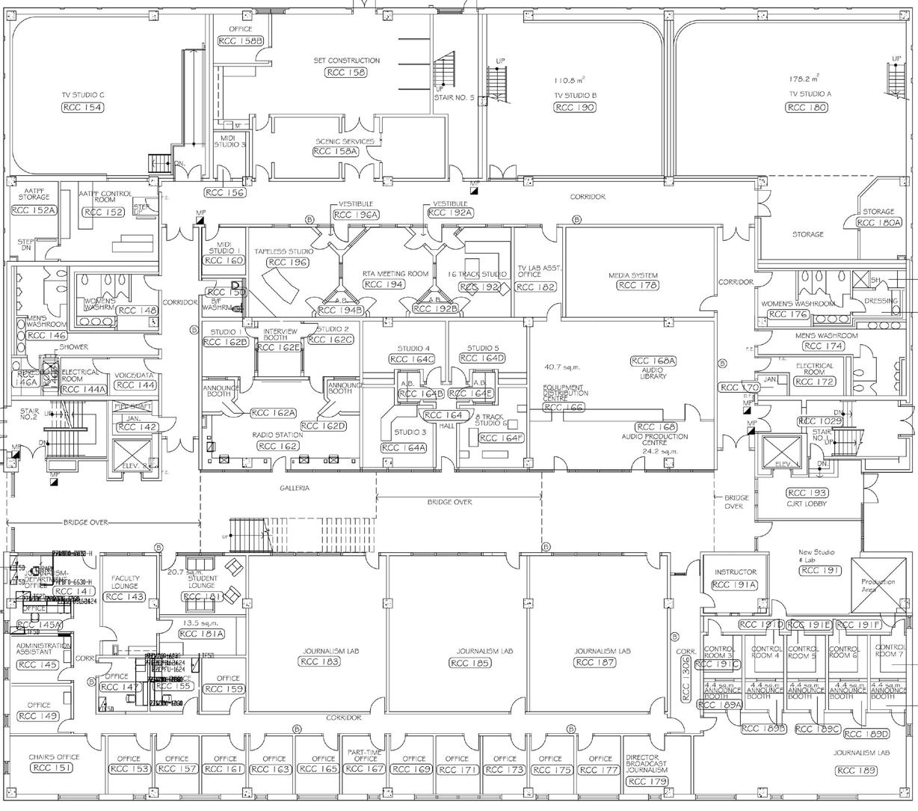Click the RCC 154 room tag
82,108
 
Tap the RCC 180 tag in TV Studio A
807,108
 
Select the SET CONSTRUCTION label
346,61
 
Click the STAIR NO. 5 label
454,97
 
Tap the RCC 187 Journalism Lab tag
596,662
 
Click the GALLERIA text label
295,488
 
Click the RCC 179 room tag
647,782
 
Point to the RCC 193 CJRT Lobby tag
807,493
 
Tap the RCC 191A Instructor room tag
736,585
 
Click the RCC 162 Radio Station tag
279,446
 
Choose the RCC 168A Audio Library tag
653,361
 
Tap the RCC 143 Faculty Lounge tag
125,596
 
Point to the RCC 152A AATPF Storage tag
34,210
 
